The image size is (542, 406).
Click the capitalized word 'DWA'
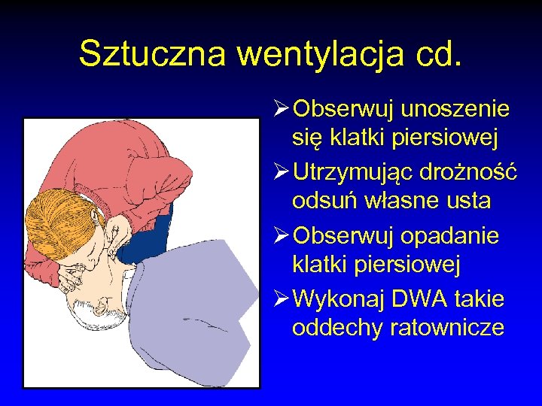[x=413, y=300]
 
